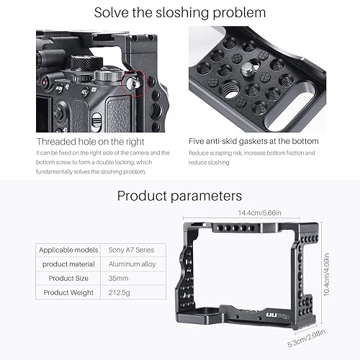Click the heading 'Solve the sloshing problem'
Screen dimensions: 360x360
[x=180, y=12]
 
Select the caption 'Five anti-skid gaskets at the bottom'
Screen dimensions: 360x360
[x=253, y=141]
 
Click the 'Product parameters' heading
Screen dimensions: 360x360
[x=180, y=195]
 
